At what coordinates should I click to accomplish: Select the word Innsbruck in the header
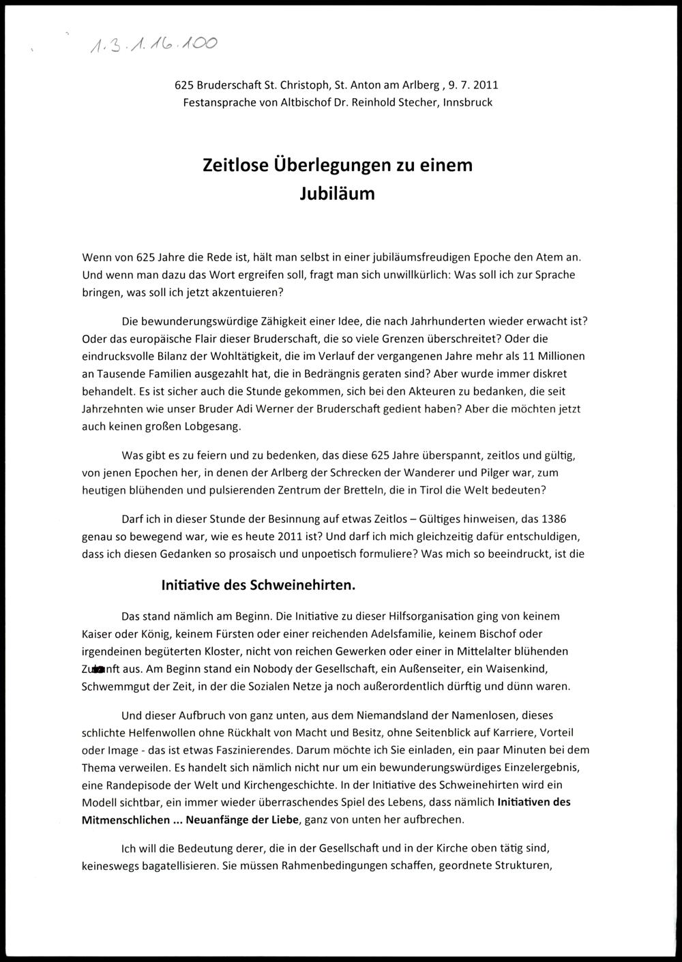(467, 102)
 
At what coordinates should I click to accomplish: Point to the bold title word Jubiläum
(337, 194)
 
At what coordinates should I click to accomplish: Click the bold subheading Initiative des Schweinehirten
(258, 585)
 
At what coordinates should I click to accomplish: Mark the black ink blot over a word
(100, 669)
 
